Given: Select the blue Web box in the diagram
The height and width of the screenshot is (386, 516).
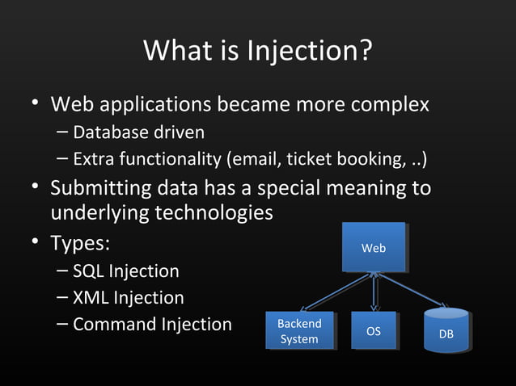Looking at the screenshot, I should coord(373,248).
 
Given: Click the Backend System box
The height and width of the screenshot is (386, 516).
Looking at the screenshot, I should coord(299,331).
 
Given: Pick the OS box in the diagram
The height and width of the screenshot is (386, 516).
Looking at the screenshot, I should coord(373,331).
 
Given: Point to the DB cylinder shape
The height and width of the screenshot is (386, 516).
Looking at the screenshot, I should coord(446,332).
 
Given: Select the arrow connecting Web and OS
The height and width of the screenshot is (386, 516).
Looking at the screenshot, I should coord(374,292).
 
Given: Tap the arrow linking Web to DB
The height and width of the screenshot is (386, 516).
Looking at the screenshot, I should coord(412,291).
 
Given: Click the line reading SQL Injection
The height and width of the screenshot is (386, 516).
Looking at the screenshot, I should coord(125,271).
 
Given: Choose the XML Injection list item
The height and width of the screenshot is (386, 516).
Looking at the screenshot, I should coord(128,298).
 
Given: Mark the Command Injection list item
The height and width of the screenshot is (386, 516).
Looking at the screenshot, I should coord(152,325).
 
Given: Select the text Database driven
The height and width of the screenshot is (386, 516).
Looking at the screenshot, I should coord(138,132).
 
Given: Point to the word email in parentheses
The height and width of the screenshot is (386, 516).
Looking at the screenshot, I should coord(254,158).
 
